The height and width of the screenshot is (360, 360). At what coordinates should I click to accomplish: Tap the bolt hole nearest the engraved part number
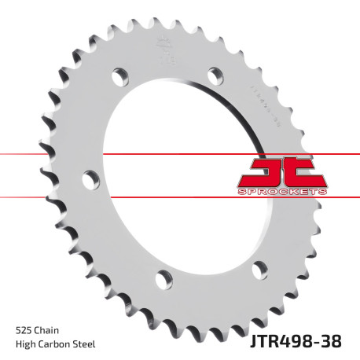215,75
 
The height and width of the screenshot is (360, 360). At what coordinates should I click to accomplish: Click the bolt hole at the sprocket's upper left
119,77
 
